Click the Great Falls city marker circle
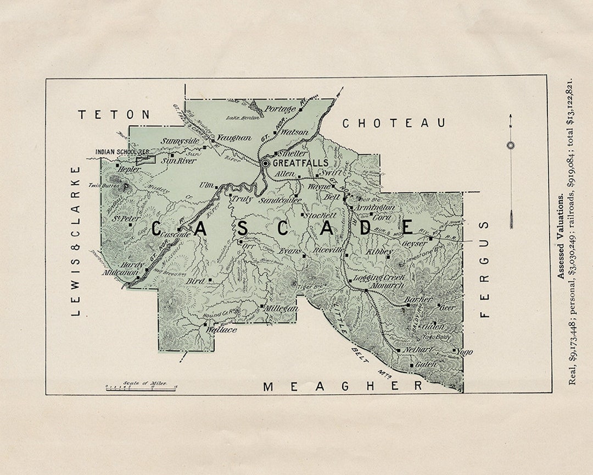[x=265, y=163]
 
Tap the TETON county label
[x=114, y=114]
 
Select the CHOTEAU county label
[x=394, y=123]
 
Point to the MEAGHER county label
[x=343, y=386]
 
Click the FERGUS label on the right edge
[x=484, y=269]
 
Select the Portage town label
[x=280, y=109]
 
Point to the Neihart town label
[x=419, y=350]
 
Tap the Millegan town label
[x=281, y=308]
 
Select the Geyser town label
[x=415, y=243]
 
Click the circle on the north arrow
[x=511, y=145]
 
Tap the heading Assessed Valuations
[x=561, y=237]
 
